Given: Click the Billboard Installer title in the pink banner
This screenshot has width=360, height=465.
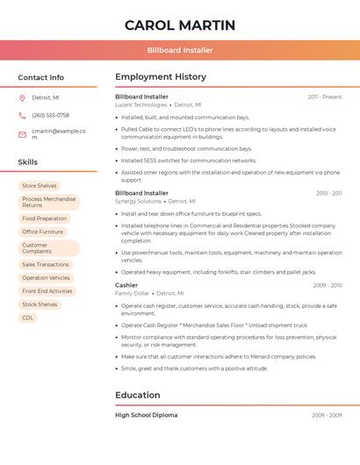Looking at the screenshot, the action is [180, 50].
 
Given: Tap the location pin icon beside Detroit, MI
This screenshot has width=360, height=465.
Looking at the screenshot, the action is [22, 97].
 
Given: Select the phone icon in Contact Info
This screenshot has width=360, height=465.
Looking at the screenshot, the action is [22, 115].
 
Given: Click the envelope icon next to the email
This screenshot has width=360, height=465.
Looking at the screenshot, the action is [22, 133].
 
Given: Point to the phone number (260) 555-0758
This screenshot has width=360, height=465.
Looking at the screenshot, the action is [50, 115].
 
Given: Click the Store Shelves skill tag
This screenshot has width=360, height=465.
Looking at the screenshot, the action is [40, 186].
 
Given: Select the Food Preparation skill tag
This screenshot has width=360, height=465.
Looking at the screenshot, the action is [45, 218].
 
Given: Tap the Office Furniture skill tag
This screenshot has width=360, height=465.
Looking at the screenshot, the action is [43, 232].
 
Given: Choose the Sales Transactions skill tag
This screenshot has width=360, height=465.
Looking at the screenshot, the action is [46, 264].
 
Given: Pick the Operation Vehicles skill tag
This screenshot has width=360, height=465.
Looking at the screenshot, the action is [47, 277].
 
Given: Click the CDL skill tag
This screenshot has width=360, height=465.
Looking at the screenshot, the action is [28, 318].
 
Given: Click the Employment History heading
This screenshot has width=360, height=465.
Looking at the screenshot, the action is [161, 77].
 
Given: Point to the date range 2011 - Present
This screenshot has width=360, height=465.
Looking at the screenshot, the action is [324, 97].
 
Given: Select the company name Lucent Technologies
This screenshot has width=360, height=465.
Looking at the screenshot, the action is [140, 104].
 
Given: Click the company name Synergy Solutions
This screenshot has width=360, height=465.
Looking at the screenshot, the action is [138, 201].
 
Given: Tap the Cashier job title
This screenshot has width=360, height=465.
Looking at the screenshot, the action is [126, 285].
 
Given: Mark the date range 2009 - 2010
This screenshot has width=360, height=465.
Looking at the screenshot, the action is [327, 285].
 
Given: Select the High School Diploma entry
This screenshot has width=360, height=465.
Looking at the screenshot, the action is [146, 415].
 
